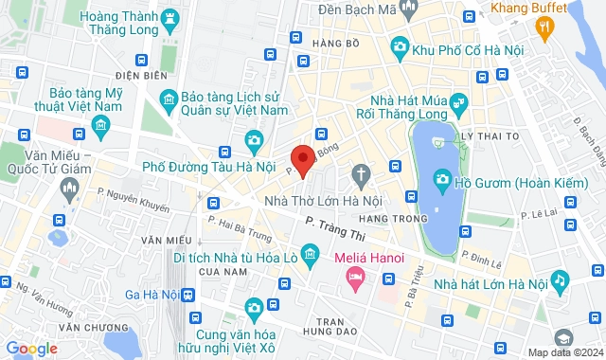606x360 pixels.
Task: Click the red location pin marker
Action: click(x=302, y=161)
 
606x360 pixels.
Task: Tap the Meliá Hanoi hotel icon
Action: click(x=356, y=279)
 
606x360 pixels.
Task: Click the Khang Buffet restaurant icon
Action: click(x=544, y=28)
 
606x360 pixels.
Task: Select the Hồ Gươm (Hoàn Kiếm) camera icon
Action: click(x=442, y=180)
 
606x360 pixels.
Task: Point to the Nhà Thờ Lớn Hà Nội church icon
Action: click(x=360, y=173)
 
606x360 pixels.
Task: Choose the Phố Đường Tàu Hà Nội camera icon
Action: click(x=254, y=143)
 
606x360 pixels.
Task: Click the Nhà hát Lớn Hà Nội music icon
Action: click(x=560, y=280)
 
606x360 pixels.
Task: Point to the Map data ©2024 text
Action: click(x=563, y=352)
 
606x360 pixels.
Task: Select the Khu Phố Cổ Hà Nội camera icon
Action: click(x=400, y=47)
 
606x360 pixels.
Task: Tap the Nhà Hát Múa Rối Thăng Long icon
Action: click(x=458, y=101)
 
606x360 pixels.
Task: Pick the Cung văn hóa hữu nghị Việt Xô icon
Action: click(x=254, y=308)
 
